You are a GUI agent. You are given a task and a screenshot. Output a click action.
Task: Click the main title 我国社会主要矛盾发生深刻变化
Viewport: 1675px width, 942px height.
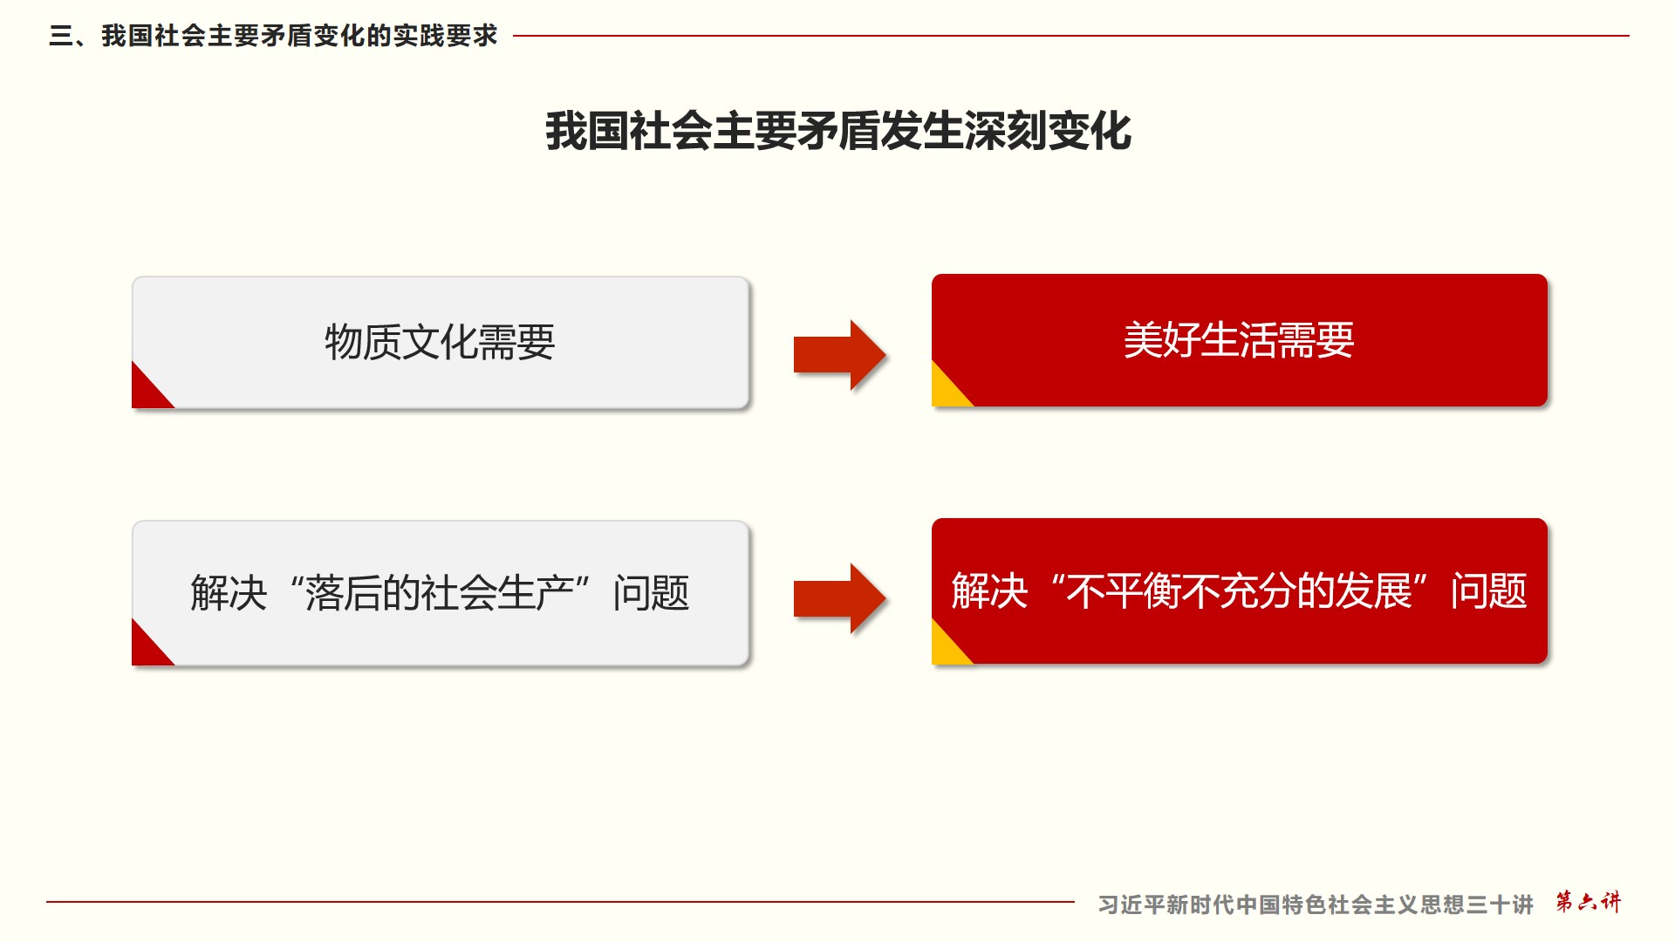pyautogui.click(x=837, y=132)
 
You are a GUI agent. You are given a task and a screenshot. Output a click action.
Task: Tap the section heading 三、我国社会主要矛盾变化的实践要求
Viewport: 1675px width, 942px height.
pyautogui.click(x=273, y=36)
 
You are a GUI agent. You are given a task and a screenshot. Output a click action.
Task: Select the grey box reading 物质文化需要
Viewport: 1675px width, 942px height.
pyautogui.click(x=440, y=342)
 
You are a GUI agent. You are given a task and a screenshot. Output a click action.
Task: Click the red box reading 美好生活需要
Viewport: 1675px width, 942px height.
pyautogui.click(x=1239, y=340)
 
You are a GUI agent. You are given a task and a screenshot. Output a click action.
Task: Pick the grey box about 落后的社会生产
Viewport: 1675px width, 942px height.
pyautogui.click(x=440, y=593)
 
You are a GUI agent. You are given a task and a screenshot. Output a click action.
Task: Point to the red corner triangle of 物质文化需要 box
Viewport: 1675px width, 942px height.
pyautogui.click(x=147, y=392)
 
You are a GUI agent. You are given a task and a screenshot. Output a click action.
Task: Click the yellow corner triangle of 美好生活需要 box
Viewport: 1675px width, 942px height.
pyautogui.click(x=947, y=390)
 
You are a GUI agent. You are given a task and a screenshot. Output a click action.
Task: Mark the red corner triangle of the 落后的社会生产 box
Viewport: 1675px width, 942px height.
pyautogui.click(x=147, y=649)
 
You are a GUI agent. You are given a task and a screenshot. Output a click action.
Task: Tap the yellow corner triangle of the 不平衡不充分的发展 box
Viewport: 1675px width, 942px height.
pyautogui.click(x=947, y=647)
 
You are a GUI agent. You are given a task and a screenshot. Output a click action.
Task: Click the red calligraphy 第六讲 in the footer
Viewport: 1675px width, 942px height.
pyautogui.click(x=1588, y=902)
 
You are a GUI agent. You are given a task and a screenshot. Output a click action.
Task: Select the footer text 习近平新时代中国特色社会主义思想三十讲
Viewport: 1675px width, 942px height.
pyautogui.click(x=1315, y=904)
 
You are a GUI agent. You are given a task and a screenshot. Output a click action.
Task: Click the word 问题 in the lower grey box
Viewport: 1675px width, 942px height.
pyautogui.click(x=651, y=593)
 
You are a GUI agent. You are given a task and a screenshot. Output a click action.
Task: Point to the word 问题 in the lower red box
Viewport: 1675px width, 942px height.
pyautogui.click(x=1488, y=591)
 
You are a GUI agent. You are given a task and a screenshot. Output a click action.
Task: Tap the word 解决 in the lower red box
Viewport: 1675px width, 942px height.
pyautogui.click(x=989, y=591)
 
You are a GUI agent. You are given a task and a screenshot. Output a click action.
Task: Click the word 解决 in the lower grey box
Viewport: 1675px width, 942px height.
pyautogui.click(x=229, y=593)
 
